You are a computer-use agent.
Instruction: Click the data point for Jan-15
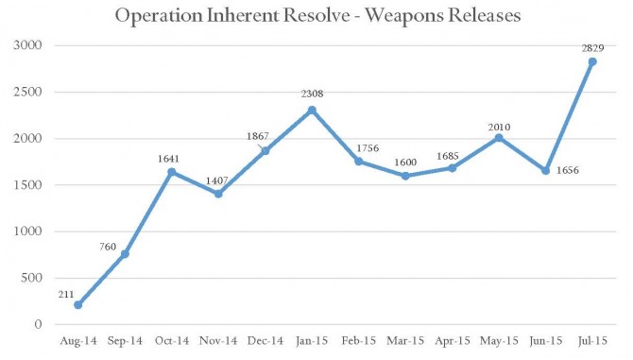312,111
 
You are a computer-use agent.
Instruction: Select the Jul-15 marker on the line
592,62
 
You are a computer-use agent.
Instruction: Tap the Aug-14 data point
77,304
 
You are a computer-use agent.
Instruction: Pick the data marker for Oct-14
171,172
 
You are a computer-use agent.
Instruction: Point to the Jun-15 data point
545,171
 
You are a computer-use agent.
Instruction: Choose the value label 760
108,247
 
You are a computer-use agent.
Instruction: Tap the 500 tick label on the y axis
31,278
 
